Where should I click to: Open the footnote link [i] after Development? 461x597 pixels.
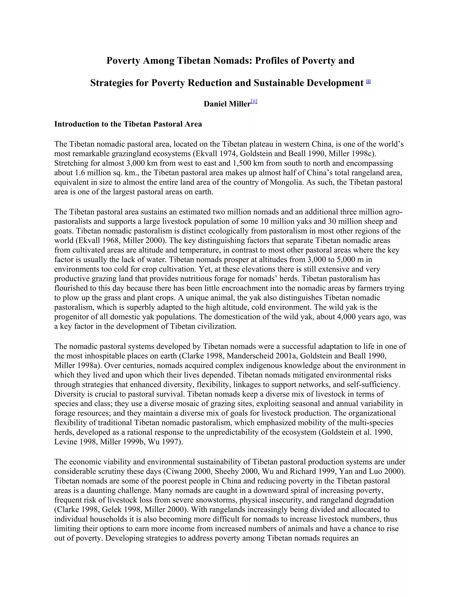click(x=368, y=81)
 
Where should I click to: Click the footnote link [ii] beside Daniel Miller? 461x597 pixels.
click(x=254, y=102)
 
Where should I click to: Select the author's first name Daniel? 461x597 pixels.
click(x=215, y=104)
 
